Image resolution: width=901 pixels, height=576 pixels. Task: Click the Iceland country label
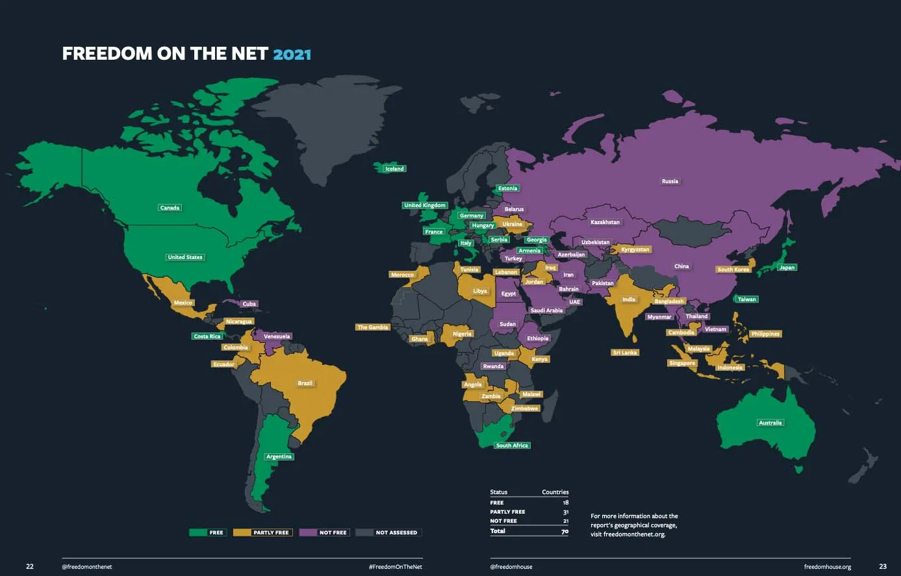click(x=394, y=169)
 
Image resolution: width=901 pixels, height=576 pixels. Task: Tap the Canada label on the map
click(x=170, y=208)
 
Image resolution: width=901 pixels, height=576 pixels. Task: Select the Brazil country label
click(x=305, y=383)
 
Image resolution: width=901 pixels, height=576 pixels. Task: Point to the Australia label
click(x=770, y=423)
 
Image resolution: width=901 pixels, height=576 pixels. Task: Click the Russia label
click(x=670, y=181)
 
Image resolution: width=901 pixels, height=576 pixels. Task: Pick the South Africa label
click(x=512, y=445)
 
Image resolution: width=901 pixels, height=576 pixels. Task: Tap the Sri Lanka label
click(x=625, y=353)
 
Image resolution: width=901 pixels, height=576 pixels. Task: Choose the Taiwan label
click(x=746, y=299)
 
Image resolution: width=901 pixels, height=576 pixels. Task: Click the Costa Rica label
click(x=207, y=336)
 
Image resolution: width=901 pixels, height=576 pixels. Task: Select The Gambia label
click(x=373, y=327)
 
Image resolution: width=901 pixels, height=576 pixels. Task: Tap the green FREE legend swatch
click(x=198, y=532)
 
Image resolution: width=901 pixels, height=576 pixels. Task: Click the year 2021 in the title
click(x=292, y=54)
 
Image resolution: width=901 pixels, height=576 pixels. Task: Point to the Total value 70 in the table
click(x=565, y=531)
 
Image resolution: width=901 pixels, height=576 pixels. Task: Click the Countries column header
click(x=555, y=492)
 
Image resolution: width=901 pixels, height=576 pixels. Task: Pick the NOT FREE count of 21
click(x=565, y=521)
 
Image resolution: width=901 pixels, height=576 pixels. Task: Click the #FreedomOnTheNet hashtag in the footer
click(x=395, y=567)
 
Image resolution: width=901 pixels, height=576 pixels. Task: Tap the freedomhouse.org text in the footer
click(x=827, y=567)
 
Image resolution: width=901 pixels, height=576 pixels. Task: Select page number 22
click(x=30, y=566)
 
